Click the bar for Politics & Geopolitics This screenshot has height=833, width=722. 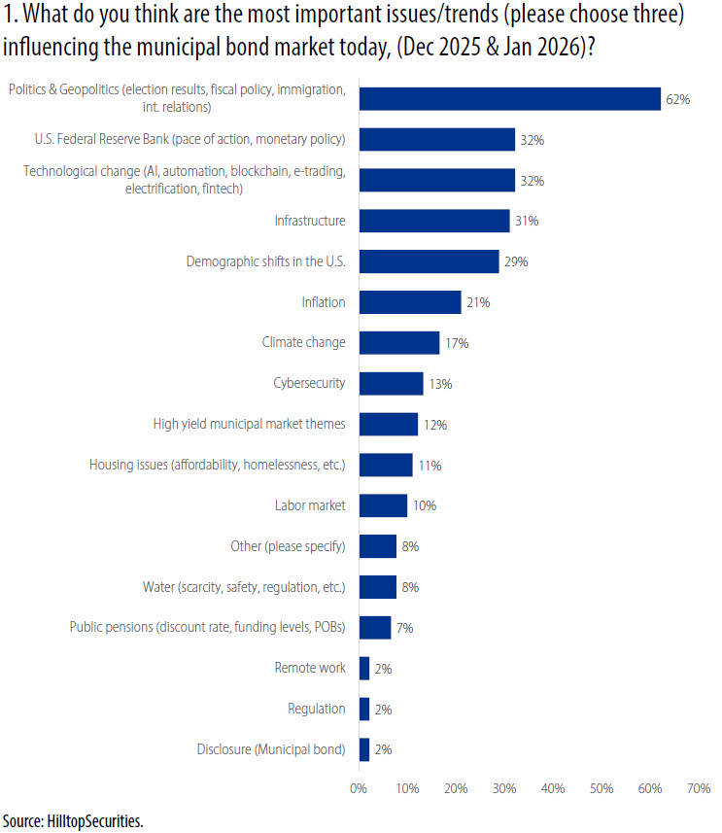click(x=509, y=98)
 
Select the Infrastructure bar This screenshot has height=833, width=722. click(x=433, y=221)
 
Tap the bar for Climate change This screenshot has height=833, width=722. click(x=399, y=342)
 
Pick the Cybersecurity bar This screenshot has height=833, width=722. click(x=391, y=383)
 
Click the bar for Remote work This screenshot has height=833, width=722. click(x=364, y=668)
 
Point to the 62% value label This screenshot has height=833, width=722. click(x=677, y=99)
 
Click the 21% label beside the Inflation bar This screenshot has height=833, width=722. click(x=478, y=302)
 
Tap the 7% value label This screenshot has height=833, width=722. click(x=404, y=628)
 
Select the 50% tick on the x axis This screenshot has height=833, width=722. click(x=601, y=789)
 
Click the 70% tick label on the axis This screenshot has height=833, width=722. click(x=698, y=789)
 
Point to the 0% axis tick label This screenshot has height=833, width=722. click(x=359, y=789)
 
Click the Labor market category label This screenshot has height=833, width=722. click(x=310, y=505)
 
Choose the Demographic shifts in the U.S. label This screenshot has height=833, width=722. click(x=265, y=261)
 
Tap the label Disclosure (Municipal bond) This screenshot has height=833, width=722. click(x=270, y=748)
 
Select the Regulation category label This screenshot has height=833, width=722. click(x=317, y=709)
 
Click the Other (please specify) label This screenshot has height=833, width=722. click(x=288, y=546)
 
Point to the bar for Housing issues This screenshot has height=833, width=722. click(x=386, y=465)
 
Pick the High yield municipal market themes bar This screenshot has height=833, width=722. click(x=389, y=424)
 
